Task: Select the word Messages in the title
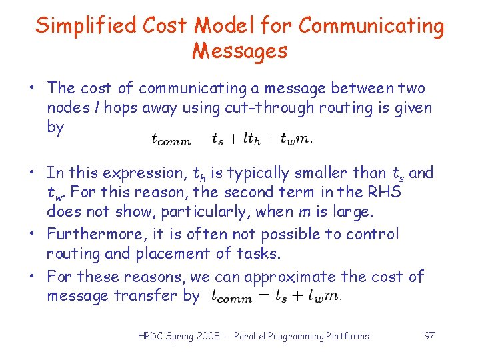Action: [x=240, y=51]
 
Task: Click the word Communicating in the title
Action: [x=371, y=27]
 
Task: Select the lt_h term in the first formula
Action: [x=251, y=139]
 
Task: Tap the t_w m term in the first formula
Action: [x=295, y=139]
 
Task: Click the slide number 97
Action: [x=429, y=336]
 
